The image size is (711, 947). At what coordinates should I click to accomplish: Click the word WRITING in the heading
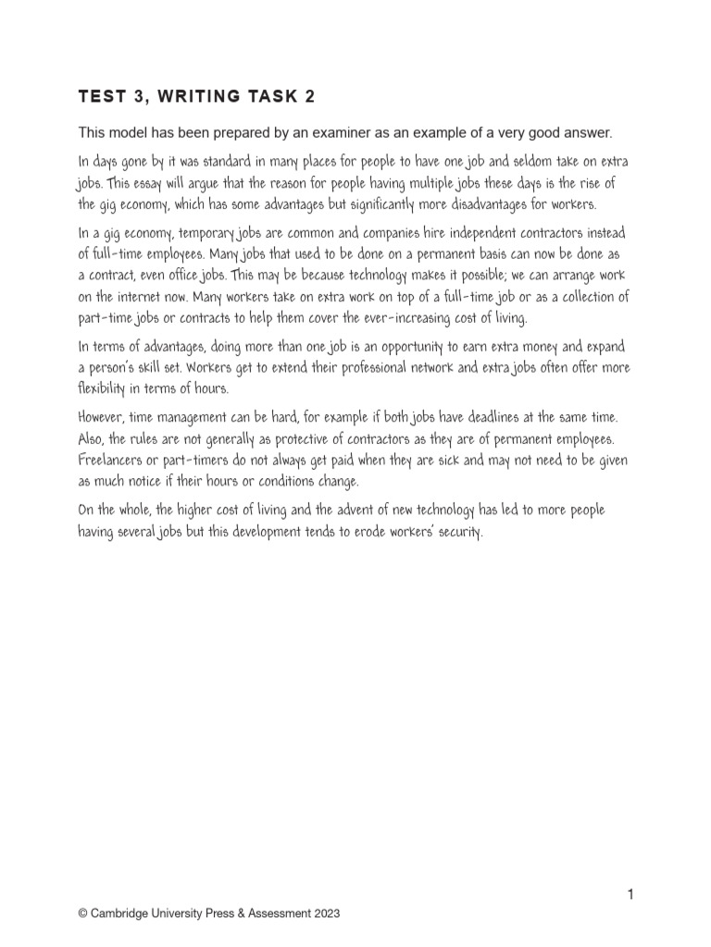click(x=193, y=96)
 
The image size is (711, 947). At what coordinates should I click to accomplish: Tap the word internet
click(x=139, y=297)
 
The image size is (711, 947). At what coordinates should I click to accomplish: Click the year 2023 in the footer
click(x=327, y=913)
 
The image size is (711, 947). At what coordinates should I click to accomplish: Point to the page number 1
click(x=630, y=894)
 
